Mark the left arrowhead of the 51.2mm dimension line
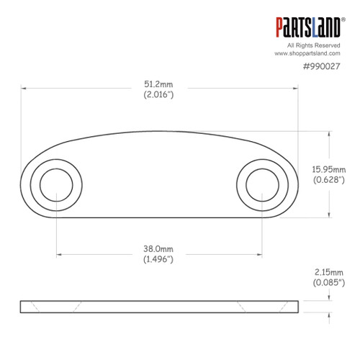pos(24,89)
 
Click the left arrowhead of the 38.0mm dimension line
pos(57,253)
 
